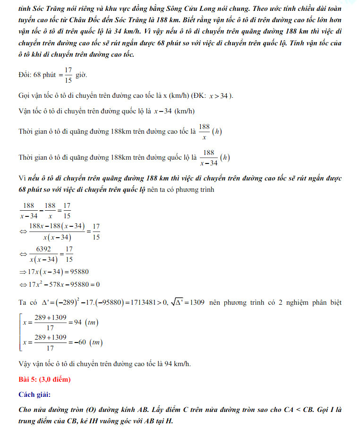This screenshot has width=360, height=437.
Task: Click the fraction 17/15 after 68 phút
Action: click(68, 75)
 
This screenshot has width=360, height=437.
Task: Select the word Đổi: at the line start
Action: click(25, 75)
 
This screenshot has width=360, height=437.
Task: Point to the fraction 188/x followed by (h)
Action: click(204, 132)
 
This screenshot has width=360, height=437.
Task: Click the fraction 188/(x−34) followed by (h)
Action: click(208, 158)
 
